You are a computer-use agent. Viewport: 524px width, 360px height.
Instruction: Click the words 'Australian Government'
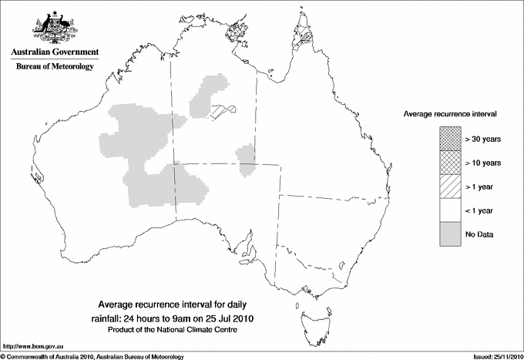(55, 52)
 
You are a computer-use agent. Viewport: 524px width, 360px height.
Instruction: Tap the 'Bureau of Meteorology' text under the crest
(55, 67)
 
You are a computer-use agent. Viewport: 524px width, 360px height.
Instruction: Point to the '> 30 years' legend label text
(483, 139)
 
